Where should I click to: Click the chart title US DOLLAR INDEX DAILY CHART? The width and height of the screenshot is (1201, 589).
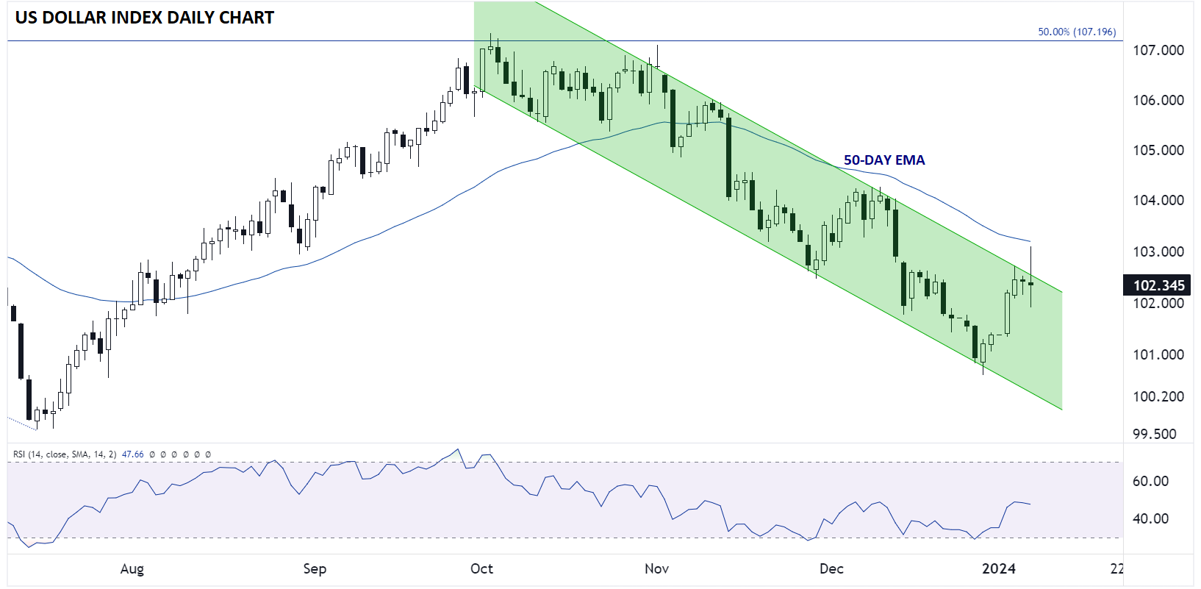[x=144, y=18]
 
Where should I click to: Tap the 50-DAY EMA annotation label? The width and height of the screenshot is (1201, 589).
[x=884, y=160]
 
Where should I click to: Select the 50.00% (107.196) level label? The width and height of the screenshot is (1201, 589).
[x=1077, y=32]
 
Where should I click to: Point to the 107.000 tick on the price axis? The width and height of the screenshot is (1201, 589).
[x=1158, y=51]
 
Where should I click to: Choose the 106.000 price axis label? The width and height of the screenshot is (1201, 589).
[x=1158, y=100]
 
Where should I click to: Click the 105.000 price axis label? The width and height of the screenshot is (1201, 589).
[x=1158, y=150]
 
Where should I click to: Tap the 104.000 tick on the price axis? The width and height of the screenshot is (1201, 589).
[x=1158, y=201]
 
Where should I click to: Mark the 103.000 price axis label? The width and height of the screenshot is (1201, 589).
[x=1158, y=251]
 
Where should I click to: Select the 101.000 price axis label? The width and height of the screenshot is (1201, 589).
[x=1158, y=354]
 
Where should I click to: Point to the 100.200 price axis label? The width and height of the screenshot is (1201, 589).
[x=1158, y=396]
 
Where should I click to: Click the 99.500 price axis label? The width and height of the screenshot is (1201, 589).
[x=1158, y=434]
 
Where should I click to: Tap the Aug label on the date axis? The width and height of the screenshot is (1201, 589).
[x=132, y=568]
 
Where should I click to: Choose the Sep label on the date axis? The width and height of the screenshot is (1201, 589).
[x=315, y=568]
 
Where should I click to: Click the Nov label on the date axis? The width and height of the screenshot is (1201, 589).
[x=657, y=568]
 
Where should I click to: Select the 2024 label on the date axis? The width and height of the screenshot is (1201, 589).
[x=999, y=568]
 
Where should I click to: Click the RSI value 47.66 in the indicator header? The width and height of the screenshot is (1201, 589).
[x=133, y=454]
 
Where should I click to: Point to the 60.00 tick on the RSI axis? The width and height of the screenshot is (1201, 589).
[x=1150, y=481]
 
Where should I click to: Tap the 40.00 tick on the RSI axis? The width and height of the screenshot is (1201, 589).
[x=1150, y=518]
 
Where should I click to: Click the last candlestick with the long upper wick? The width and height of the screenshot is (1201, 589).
[x=1030, y=276]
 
